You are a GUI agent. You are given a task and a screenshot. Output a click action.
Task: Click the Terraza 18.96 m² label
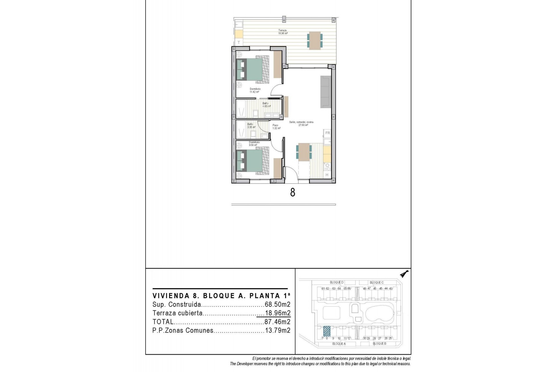[283, 32]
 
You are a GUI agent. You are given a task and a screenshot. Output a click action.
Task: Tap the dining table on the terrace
[314, 40]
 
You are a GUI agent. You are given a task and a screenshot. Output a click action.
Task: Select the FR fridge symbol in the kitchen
[328, 133]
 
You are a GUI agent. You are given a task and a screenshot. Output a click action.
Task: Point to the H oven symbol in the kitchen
[327, 175]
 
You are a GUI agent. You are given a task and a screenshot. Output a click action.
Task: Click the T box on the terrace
[239, 42]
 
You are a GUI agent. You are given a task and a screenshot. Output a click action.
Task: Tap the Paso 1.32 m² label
[276, 127]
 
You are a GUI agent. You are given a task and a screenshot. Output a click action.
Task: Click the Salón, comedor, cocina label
[301, 124]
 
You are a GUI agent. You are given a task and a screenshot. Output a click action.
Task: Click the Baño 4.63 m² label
[266, 105]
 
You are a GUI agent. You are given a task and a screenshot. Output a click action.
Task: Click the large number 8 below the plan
[292, 192]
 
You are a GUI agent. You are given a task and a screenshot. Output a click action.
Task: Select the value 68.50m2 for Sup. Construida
[277, 305]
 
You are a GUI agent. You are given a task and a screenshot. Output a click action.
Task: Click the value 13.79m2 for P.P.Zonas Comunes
[277, 330]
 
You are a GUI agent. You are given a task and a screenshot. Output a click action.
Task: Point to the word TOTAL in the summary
[163, 322]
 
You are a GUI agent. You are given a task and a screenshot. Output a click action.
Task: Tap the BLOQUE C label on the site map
[377, 282]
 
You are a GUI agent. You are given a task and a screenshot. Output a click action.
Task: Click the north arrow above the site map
[404, 274]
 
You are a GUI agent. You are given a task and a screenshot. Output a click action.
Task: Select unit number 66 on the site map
[349, 289]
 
